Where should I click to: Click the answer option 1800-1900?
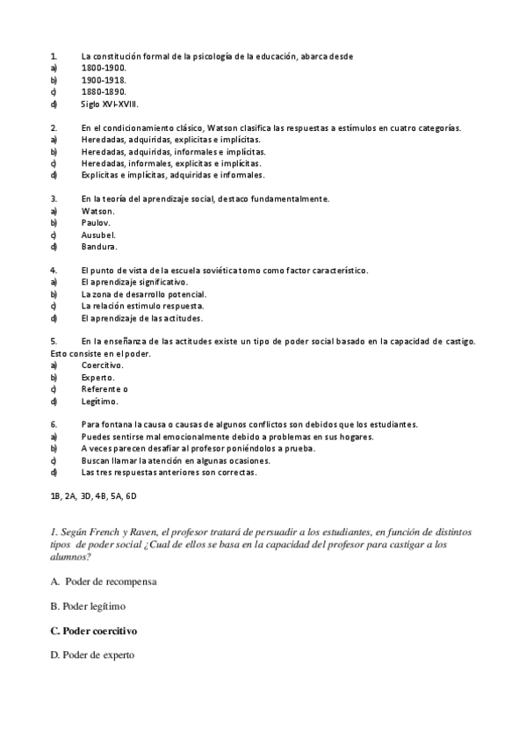[x=104, y=67]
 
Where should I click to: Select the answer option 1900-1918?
[x=104, y=79]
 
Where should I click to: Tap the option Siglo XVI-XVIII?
[x=110, y=103]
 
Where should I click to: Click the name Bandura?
[x=98, y=247]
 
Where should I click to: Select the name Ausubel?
[x=98, y=235]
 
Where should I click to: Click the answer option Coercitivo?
[x=102, y=365]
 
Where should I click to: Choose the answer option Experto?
[x=97, y=378]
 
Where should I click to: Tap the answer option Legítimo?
[x=99, y=401]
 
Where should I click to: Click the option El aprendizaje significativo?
[x=133, y=282]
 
